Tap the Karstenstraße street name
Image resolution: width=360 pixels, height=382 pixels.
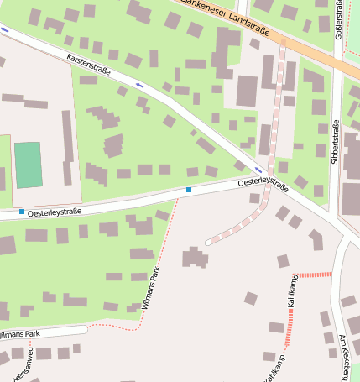90,63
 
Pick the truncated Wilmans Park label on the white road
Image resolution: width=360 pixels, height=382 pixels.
20,334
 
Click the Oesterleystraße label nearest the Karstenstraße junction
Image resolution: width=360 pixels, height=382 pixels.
263,181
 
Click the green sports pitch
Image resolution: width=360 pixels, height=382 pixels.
28,165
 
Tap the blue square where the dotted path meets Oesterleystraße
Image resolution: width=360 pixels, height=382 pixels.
189,191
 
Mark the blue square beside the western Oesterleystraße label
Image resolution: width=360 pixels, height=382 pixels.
22,212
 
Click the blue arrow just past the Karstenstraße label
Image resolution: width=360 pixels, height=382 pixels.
139,85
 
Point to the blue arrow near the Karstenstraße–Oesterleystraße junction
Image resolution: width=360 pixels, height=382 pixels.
258,170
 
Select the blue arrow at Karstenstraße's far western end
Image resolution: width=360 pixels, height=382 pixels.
6,29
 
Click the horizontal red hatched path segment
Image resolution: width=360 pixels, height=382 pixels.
316,274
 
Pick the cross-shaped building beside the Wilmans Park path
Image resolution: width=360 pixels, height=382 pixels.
196,257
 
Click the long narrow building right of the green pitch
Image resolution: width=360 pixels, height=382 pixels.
67,148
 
